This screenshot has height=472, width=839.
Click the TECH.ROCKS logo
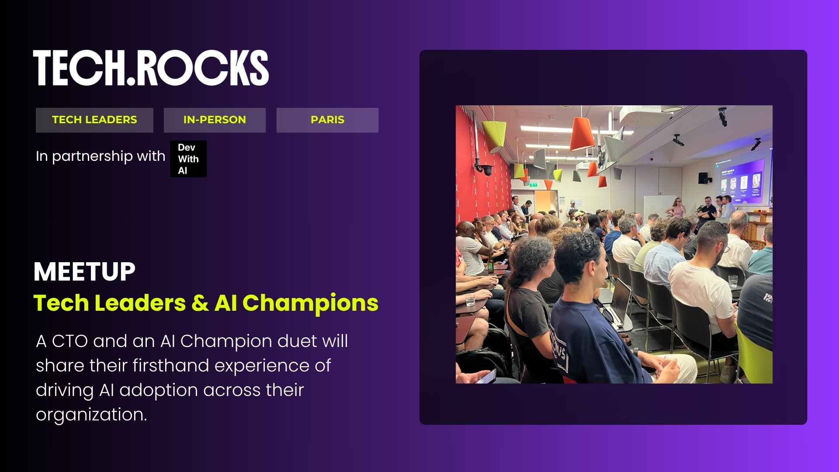pyautogui.click(x=151, y=68)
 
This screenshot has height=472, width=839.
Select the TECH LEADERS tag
pyautogui.click(x=94, y=120)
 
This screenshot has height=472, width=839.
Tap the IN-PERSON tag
pyautogui.click(x=215, y=120)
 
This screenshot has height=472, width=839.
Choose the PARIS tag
pyautogui.click(x=327, y=120)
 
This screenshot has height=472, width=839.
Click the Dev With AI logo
pyautogui.click(x=188, y=159)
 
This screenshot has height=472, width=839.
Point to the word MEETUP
pyautogui.click(x=84, y=272)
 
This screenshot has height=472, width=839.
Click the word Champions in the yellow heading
pyautogui.click(x=310, y=303)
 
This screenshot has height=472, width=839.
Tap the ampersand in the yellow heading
pyautogui.click(x=200, y=303)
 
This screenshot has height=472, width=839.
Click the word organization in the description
pyautogui.click(x=91, y=415)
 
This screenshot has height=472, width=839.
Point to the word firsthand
pyautogui.click(x=171, y=365)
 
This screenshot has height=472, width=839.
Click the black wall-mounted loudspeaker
pyautogui.click(x=703, y=178)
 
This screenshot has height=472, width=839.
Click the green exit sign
pyautogui.click(x=534, y=185)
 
